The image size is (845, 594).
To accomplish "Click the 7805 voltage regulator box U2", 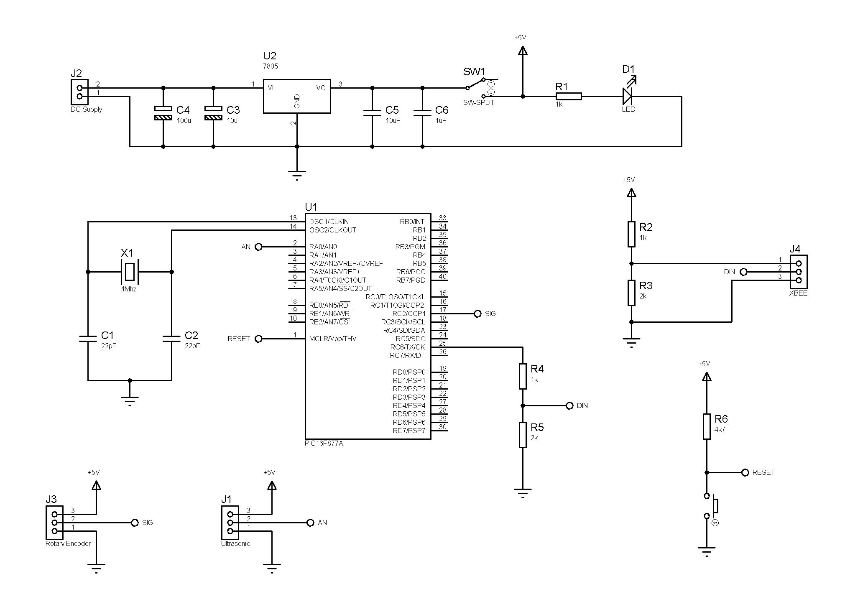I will (296, 96).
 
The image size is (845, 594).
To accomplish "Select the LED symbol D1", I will (627, 96).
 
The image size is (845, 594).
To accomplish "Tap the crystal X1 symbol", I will (130, 272).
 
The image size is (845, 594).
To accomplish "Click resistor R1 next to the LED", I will (568, 96).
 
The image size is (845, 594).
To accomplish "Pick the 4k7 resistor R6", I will (707, 426).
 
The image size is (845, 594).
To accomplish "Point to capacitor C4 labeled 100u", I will (163, 113).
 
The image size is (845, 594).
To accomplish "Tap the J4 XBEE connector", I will (799, 272).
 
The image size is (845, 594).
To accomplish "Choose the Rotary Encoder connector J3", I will (54, 523).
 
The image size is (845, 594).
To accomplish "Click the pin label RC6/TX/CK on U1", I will (407, 347).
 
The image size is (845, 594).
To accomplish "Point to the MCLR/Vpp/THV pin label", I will (333, 339).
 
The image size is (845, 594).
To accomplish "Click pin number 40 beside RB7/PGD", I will (442, 276).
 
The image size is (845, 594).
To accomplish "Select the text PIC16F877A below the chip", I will (324, 443).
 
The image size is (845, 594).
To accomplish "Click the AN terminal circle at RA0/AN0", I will (258, 247).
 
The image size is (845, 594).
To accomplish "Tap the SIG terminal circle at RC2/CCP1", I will (477, 314).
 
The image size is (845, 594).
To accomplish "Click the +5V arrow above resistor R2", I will (631, 193).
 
